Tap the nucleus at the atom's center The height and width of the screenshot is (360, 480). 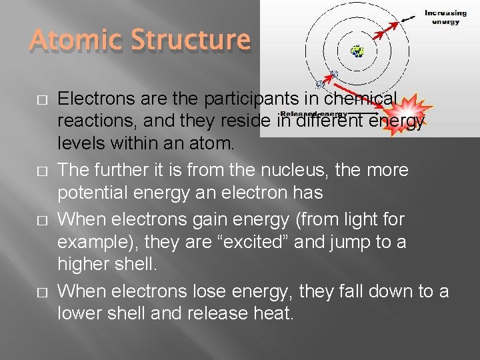point(359,51)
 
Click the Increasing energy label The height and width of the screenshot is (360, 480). point(445,17)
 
